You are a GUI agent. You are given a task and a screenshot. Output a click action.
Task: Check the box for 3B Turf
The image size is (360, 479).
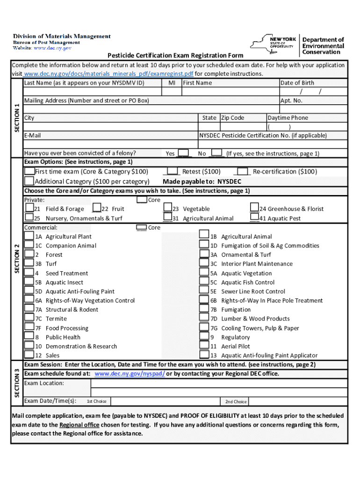[x=29, y=264]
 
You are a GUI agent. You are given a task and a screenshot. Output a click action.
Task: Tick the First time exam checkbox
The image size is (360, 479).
[x=29, y=172]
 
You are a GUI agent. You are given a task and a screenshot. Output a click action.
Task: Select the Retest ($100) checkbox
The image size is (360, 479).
[x=173, y=172]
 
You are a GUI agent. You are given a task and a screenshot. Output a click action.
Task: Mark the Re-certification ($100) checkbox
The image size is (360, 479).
[x=243, y=172]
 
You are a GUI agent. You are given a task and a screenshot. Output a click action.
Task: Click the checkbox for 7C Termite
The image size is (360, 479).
[x=29, y=319]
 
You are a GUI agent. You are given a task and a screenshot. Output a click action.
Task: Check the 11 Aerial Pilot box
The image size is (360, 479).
[x=204, y=346]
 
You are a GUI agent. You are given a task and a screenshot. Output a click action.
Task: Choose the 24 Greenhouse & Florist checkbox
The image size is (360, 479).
[x=254, y=208]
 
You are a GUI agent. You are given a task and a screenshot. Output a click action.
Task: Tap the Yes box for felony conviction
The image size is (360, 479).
[x=183, y=153]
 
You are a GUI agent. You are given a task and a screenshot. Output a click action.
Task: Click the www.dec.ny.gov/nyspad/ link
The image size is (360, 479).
[x=130, y=374]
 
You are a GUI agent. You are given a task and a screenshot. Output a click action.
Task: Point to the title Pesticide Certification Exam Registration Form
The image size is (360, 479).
[x=175, y=56]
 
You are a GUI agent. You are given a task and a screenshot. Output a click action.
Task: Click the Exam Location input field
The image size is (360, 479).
[x=219, y=384]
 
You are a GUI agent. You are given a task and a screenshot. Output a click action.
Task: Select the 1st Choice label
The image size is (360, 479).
[x=97, y=401]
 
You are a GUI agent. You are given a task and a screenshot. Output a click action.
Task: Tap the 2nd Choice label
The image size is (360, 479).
[x=236, y=401]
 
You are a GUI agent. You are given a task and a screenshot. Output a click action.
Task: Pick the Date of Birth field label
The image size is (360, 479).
[x=297, y=83]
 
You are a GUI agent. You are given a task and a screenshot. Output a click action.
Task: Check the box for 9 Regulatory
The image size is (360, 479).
[x=204, y=337]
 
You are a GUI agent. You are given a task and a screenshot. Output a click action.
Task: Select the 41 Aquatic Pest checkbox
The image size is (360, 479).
[x=254, y=218]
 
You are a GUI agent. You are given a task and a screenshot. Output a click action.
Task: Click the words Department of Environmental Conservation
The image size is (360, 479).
[x=323, y=46]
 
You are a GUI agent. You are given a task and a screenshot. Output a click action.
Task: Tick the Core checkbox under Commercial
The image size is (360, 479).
[x=141, y=227]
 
